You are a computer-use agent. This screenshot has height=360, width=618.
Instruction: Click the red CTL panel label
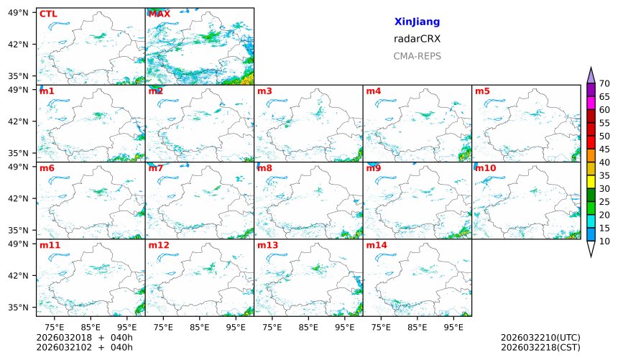(x=48, y=14)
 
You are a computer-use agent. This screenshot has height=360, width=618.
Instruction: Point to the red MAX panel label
(x=159, y=14)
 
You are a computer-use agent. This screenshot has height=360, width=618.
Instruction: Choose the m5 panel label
(x=482, y=91)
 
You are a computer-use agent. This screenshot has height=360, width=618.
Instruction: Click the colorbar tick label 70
(x=604, y=83)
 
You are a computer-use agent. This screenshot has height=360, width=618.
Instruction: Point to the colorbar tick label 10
(x=604, y=241)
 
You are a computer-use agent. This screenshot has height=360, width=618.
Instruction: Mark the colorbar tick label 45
(x=604, y=149)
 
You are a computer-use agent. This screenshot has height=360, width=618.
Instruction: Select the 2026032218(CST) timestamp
(x=540, y=347)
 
